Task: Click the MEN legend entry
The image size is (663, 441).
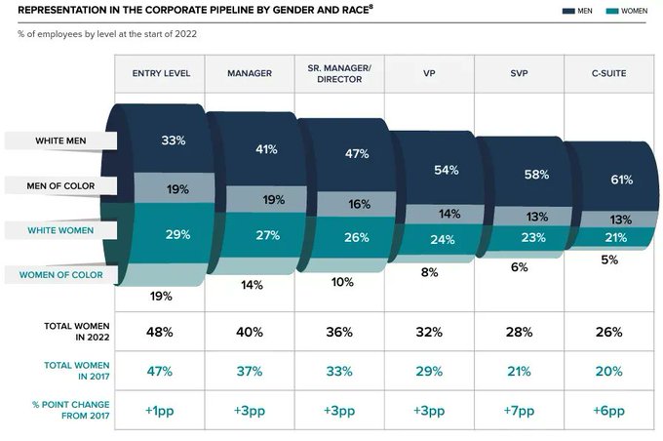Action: click(x=577, y=11)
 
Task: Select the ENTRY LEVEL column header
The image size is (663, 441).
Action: click(x=161, y=73)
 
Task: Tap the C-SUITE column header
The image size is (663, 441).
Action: click(x=608, y=73)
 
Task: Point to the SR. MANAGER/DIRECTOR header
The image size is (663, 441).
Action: click(x=339, y=73)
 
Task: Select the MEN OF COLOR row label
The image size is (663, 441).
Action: click(x=60, y=185)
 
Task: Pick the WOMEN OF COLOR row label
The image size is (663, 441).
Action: click(x=60, y=274)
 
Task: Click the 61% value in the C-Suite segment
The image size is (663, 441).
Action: click(x=608, y=180)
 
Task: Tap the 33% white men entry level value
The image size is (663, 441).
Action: click(x=174, y=140)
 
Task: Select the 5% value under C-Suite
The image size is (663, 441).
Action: click(x=608, y=260)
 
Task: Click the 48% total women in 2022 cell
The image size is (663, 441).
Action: click(x=160, y=332)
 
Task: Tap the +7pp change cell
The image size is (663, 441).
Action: click(x=519, y=412)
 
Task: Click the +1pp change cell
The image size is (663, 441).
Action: click(x=160, y=412)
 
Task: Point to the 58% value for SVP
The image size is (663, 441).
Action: click(x=536, y=174)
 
